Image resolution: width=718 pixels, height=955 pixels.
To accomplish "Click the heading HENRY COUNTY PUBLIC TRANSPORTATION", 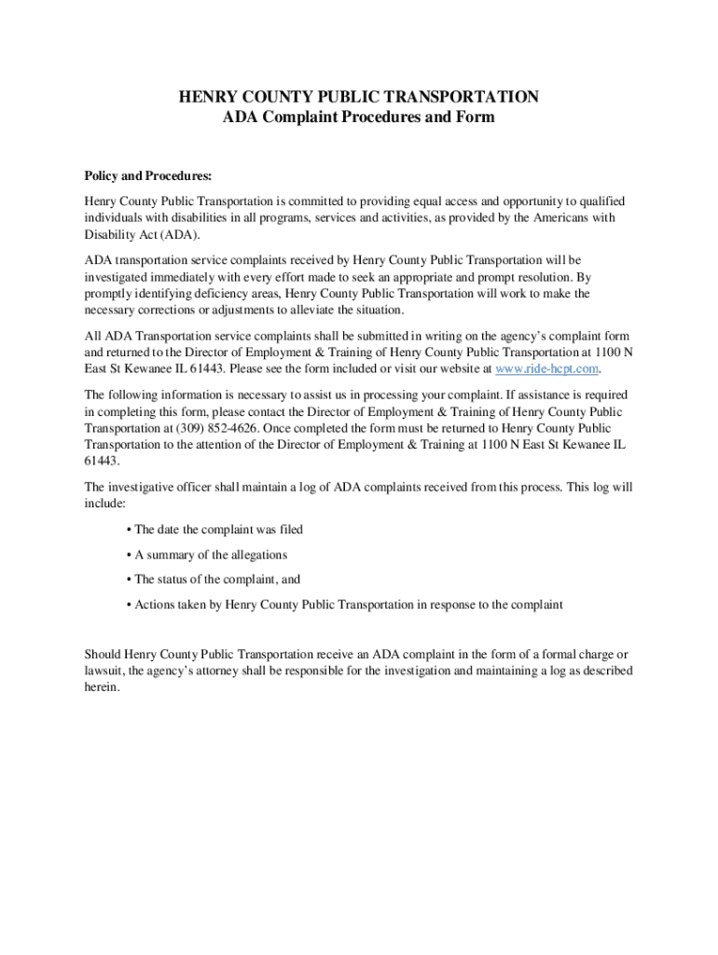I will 359,97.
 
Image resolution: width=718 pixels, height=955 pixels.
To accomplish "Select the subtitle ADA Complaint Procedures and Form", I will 359,118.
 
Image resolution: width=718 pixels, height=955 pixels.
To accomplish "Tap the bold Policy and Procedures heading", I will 148,175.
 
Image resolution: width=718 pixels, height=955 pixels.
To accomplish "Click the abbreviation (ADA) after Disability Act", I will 182,234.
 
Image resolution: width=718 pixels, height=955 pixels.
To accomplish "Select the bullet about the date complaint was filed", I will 214,529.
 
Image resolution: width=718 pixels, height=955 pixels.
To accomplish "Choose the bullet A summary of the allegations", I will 211,554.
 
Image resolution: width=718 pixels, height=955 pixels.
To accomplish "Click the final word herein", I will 102,687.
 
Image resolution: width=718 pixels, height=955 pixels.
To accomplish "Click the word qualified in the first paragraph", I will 601,201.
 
